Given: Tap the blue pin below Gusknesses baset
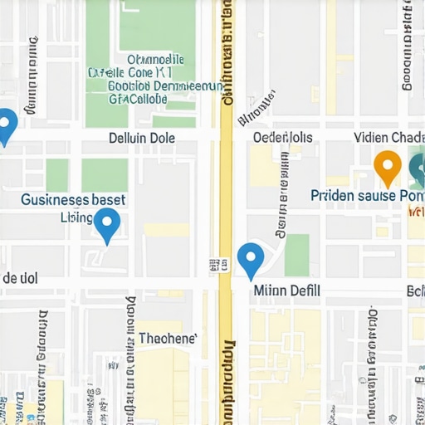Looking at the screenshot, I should [x=107, y=223].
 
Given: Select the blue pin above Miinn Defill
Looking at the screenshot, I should [x=251, y=258].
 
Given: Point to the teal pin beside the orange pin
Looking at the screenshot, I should [x=418, y=169].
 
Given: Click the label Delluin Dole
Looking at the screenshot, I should [x=142, y=138].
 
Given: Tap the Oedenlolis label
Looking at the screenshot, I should [x=282, y=137].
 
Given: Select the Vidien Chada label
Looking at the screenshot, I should [x=388, y=137].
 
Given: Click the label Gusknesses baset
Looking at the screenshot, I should [x=73, y=199].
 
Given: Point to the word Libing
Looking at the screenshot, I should [x=77, y=217].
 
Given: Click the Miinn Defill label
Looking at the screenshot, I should [x=286, y=291].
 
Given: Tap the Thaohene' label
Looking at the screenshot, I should [x=168, y=338].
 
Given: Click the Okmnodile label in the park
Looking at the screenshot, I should [x=155, y=60].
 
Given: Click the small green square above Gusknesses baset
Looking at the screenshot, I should [x=57, y=174].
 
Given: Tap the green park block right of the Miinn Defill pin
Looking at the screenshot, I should [x=296, y=255].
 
